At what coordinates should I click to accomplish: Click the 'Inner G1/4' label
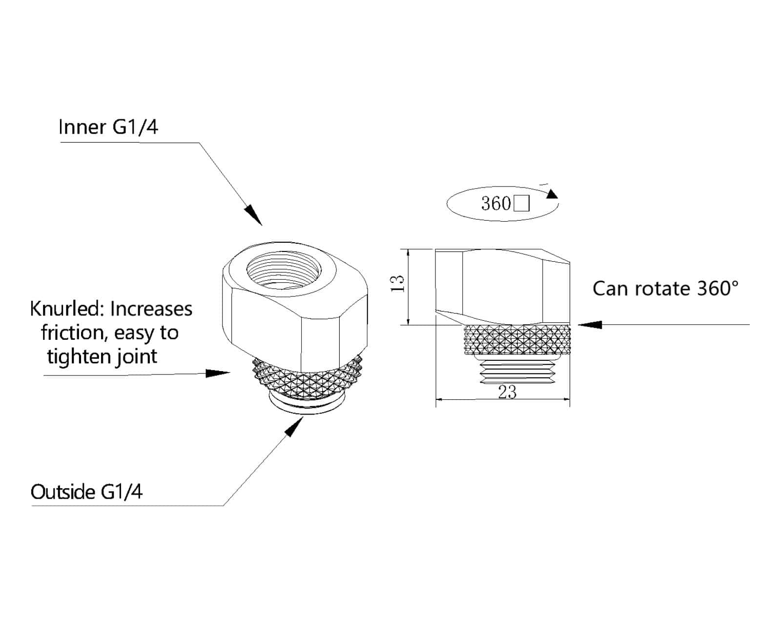108,127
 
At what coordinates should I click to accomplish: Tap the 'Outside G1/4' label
86,492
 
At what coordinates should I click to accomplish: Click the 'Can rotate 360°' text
665,289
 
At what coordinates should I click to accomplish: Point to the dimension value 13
398,284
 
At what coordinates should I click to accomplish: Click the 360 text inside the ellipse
495,203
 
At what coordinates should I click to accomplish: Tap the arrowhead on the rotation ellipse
552,193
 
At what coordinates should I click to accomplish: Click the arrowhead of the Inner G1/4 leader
254,215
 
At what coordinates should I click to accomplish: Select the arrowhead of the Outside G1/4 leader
294,427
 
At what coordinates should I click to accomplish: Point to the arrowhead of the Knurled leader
218,373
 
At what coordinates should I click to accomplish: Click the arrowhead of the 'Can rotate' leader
590,324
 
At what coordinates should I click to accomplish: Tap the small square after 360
522,203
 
